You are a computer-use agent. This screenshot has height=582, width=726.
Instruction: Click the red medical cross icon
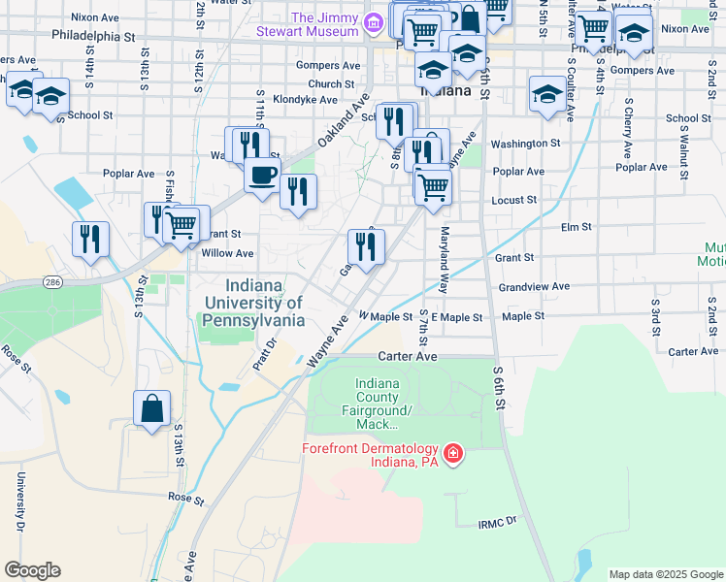[x=452, y=453]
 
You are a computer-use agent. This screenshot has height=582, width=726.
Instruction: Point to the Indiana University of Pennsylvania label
[x=254, y=303]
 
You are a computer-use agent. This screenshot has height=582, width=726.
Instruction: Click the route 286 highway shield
[x=51, y=281]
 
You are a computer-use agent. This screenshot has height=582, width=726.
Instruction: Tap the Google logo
[x=32, y=570]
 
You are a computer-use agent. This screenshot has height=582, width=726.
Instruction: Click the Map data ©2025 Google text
[x=665, y=574]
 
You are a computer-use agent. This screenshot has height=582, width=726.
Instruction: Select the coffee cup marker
[x=262, y=177]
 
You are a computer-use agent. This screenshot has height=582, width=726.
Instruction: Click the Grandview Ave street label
[x=534, y=287]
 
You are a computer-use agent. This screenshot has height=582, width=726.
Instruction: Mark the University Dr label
[x=18, y=501]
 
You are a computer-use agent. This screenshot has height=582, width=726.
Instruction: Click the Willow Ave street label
[x=226, y=253]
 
